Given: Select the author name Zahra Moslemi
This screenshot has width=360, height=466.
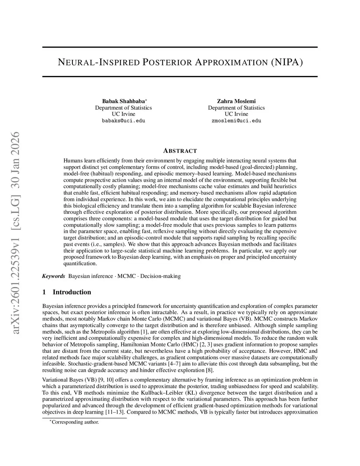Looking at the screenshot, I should pyautogui.click(x=236, y=101).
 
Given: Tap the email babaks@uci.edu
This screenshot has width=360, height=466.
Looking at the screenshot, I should pyautogui.click(x=123, y=121).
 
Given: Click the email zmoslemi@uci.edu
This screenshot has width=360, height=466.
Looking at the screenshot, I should pyautogui.click(x=236, y=121).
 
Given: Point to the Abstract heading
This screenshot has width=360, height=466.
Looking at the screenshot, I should pyautogui.click(x=180, y=151).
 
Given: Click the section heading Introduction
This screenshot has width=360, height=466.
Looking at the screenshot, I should pyautogui.click(x=72, y=292).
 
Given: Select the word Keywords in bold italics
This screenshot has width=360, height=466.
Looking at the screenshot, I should pyautogui.click(x=53, y=276).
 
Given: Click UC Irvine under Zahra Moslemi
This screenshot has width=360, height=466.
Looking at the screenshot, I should pyautogui.click(x=236, y=114).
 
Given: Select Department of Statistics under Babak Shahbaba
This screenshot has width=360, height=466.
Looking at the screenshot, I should pyautogui.click(x=123, y=108).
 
